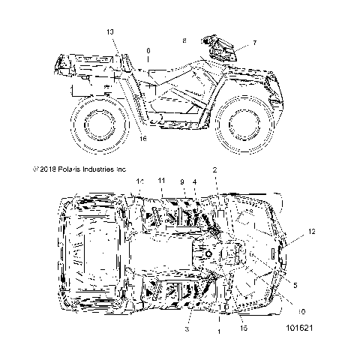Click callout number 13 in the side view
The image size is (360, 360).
tap(110, 31)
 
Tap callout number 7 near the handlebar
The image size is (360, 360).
tap(253, 43)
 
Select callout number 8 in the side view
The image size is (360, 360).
tap(184, 40)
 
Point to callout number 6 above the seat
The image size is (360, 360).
tap(148, 50)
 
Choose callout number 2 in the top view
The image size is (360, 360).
tap(214, 171)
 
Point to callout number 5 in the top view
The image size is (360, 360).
tap(295, 285)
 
